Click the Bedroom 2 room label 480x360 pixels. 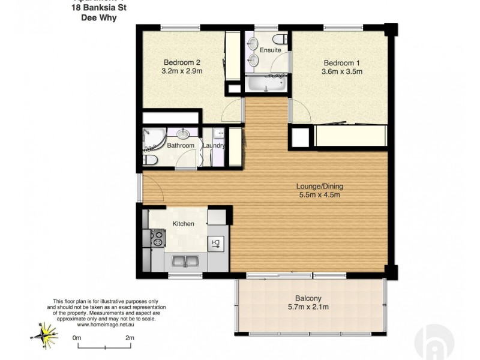click(x=182, y=62)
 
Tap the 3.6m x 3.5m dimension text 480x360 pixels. click(x=342, y=72)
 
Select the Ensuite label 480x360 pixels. click(x=271, y=50)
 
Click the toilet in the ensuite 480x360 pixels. click(x=284, y=40)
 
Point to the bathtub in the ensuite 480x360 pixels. click(x=265, y=83)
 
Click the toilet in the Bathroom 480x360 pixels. click(x=150, y=160)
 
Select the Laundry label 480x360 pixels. click(x=214, y=146)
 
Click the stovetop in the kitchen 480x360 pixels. click(x=157, y=240)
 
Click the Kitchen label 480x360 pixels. click(x=183, y=224)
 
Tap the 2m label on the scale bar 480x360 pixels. click(x=129, y=338)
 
